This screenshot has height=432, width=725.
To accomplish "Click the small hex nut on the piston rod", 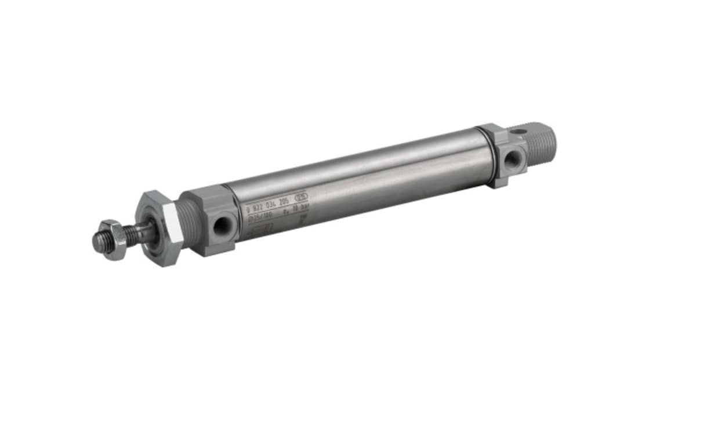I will (117, 238).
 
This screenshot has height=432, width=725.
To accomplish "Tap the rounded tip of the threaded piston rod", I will (97, 243).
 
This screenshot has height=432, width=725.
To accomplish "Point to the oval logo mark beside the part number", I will (302, 196).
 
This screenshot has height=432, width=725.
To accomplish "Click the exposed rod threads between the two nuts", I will (137, 233).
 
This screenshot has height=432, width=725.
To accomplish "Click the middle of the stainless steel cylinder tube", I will (365, 180).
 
